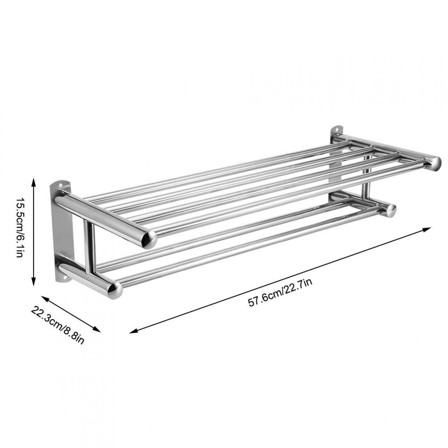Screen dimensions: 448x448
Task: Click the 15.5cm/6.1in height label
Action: (19, 231)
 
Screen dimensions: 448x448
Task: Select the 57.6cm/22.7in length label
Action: (280, 293)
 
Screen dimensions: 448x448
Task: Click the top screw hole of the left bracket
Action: (60, 185)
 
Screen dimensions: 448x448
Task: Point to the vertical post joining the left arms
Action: (90, 246)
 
